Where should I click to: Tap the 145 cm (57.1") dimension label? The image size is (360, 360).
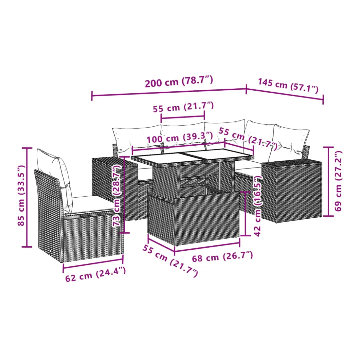click(x=288, y=85)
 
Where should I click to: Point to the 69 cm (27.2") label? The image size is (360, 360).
click(x=338, y=181)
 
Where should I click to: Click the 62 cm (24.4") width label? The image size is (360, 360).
click(x=96, y=274)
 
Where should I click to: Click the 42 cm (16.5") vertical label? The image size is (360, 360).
click(x=258, y=206)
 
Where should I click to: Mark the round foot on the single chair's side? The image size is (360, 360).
click(x=51, y=251)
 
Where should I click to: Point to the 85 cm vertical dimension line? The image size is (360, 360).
click(x=27, y=197)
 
